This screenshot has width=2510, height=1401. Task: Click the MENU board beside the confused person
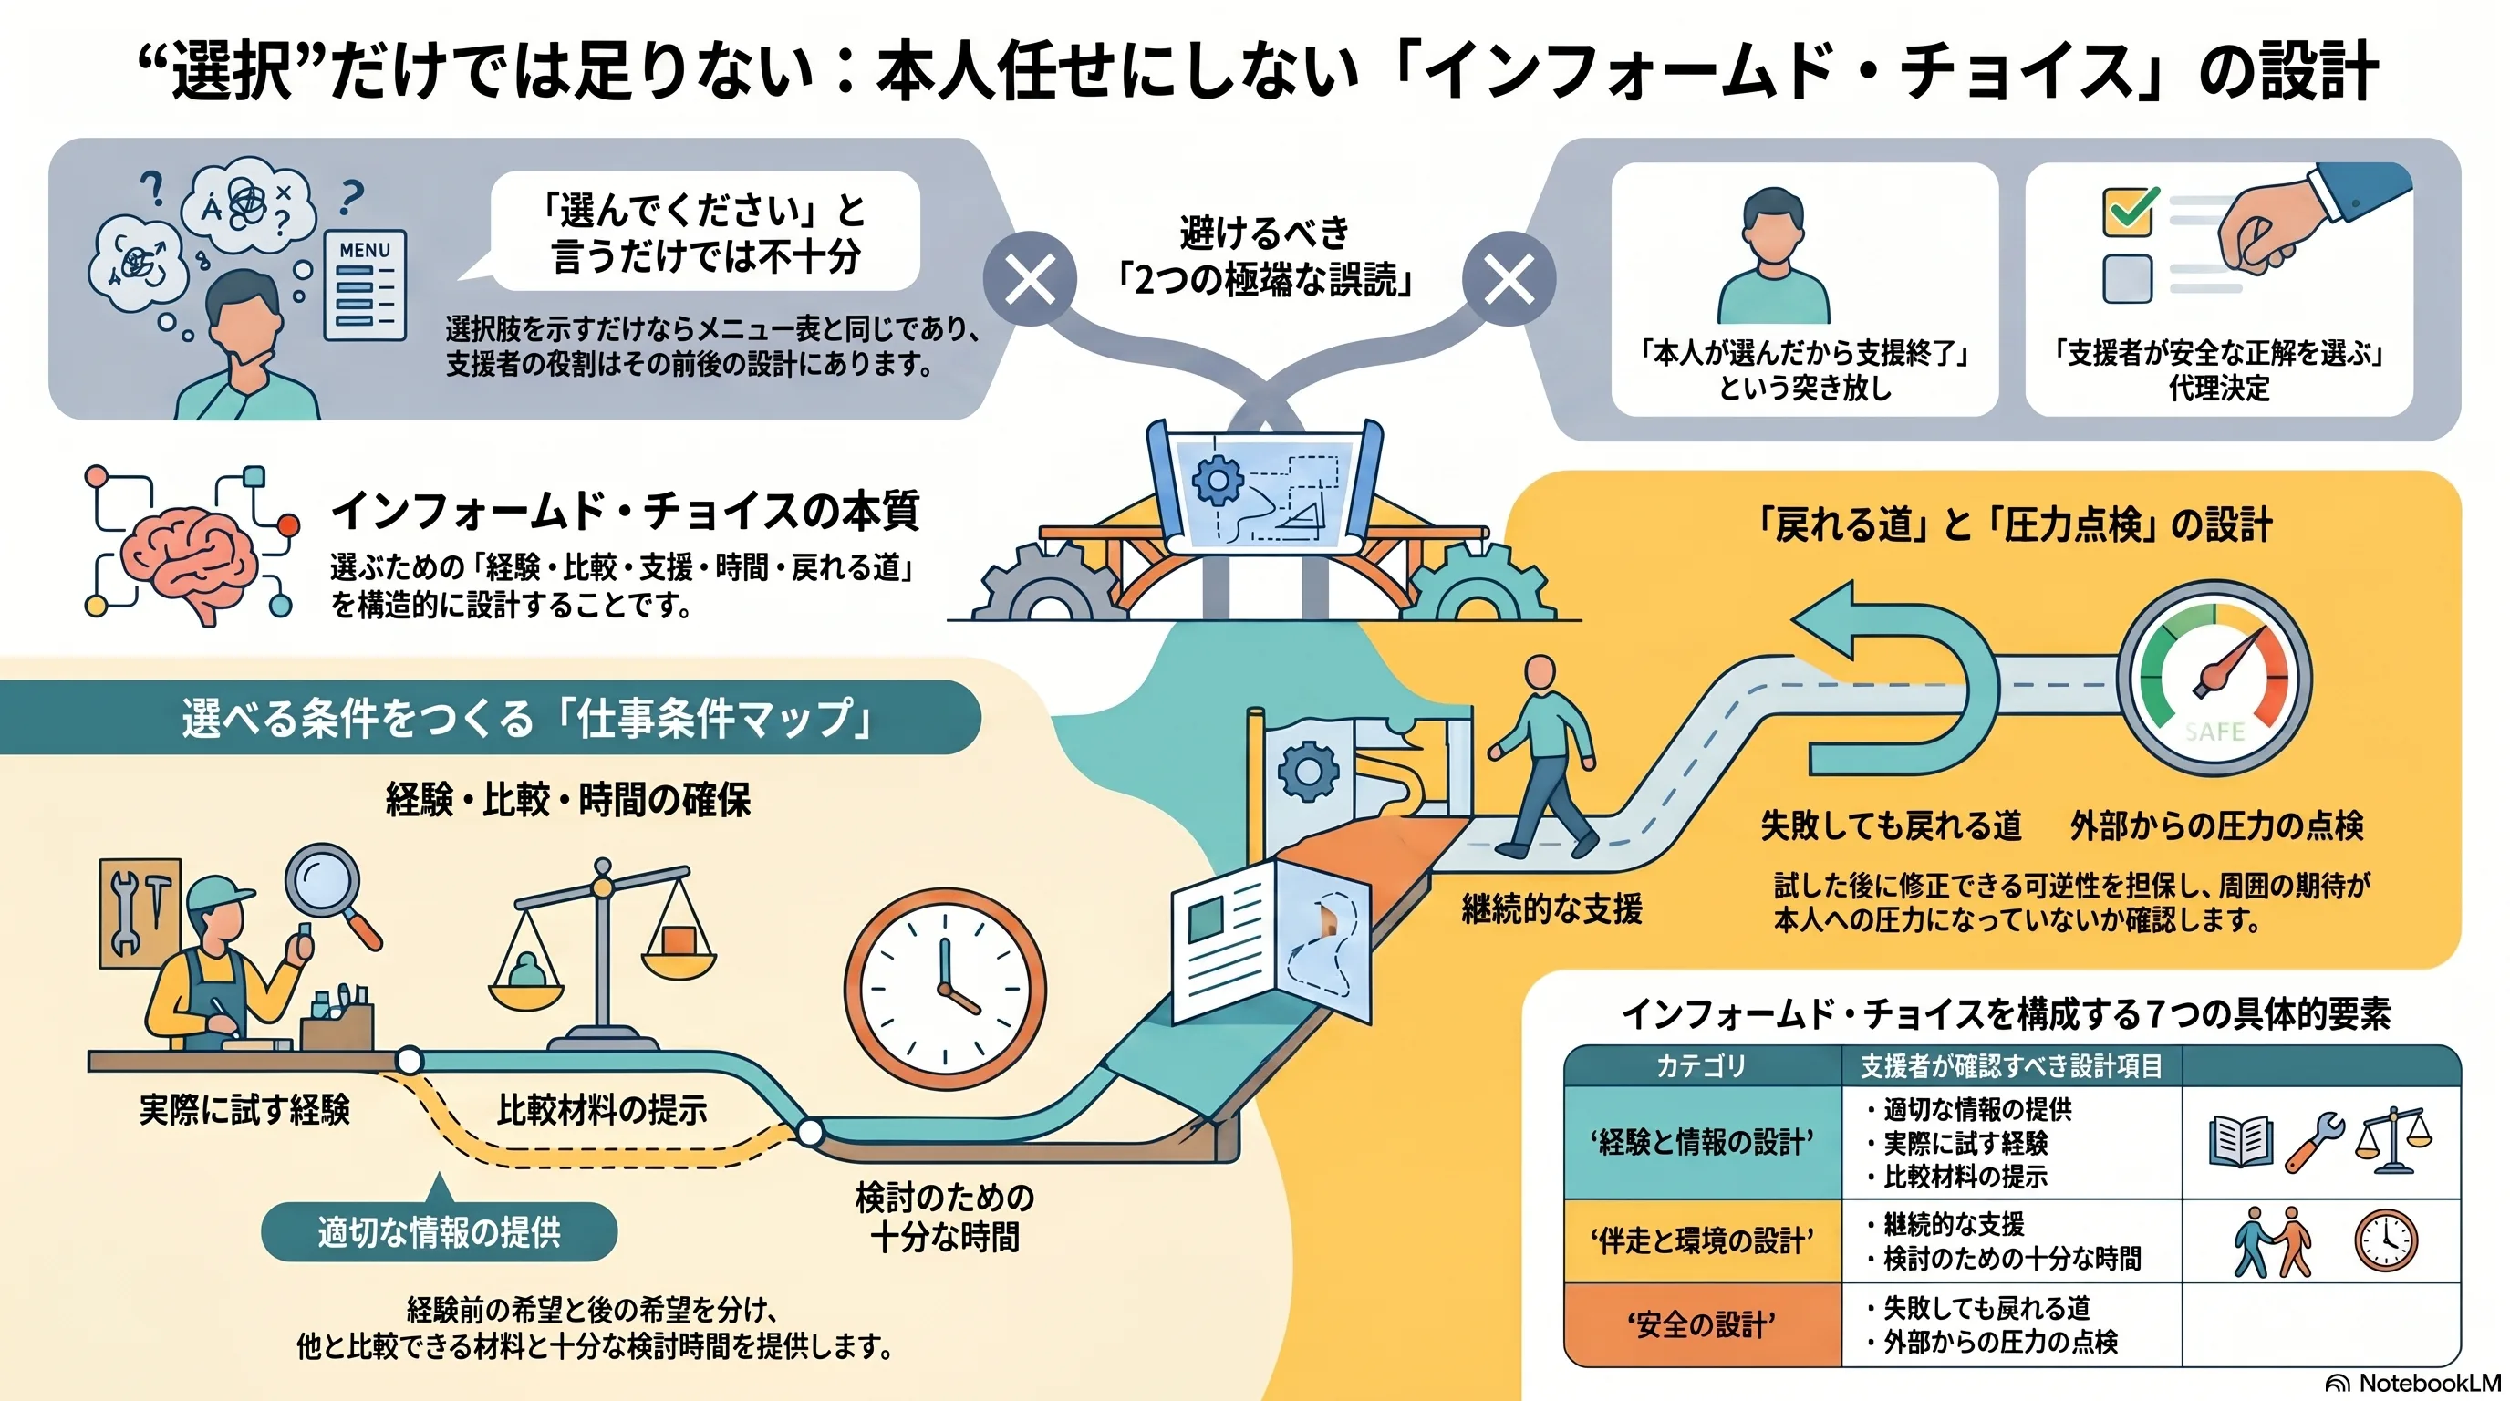365,285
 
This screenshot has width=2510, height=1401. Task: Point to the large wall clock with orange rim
944,989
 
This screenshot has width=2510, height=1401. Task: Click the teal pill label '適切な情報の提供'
439,1232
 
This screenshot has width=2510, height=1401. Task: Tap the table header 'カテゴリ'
1701,1066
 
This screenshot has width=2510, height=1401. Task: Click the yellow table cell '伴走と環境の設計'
1702,1240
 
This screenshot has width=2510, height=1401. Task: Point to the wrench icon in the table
2311,1141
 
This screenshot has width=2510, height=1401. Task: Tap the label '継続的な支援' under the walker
1552,909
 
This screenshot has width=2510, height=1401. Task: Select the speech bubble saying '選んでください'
704,233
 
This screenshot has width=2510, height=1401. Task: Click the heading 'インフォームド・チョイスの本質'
625,511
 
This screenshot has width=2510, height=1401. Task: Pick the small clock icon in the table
2386,1240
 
